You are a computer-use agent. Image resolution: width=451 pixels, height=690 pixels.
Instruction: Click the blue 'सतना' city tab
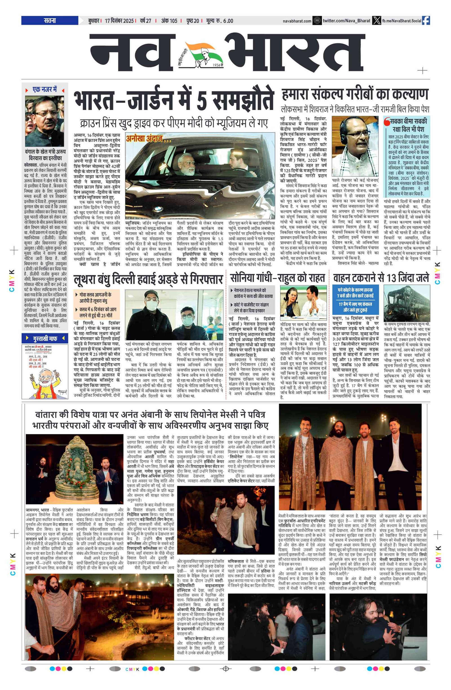point(50,21)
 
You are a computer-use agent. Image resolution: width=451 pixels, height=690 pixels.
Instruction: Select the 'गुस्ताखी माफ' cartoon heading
point(45,338)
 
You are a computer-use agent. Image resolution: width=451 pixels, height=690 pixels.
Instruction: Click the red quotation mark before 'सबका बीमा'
point(386,121)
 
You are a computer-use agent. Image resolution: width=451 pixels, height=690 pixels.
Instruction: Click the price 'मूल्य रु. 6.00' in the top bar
point(219,21)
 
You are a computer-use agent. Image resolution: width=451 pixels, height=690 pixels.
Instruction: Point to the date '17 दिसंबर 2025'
point(119,21)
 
